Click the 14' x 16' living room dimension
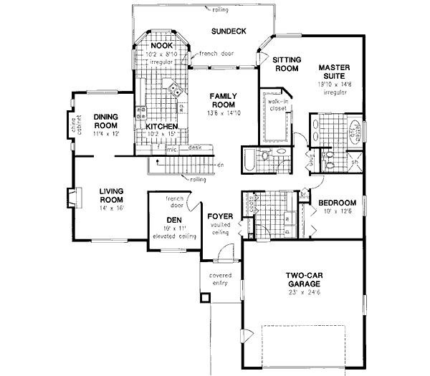111,207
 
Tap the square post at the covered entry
206,297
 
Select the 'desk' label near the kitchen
193,148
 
